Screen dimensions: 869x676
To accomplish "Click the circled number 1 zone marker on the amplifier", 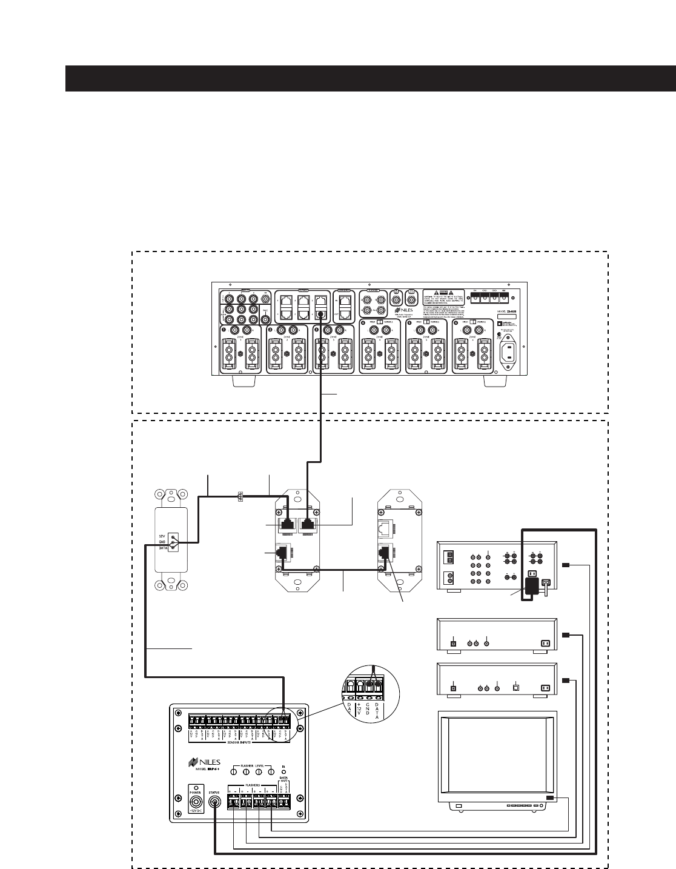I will [223, 330].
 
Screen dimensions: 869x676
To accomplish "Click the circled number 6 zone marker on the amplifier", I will [457, 330].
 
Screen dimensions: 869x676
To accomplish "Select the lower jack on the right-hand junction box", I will [383, 552].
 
